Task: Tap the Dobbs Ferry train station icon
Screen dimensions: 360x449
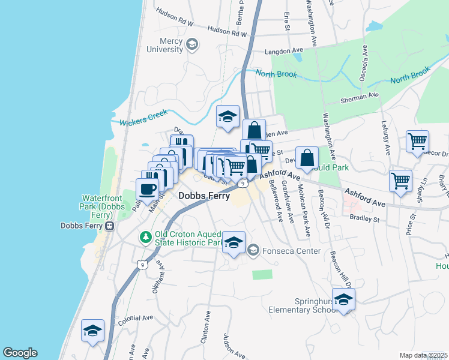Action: [110, 226]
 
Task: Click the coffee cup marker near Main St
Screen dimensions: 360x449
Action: [147, 190]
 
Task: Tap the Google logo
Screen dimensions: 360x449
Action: [20, 353]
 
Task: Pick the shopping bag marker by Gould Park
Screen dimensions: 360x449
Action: [307, 158]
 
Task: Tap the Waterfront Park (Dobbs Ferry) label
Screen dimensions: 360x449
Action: [103, 205]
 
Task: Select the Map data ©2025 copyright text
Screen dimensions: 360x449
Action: [424, 355]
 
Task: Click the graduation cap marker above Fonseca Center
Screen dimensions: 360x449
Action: [234, 243]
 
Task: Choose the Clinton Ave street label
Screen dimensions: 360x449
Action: [208, 324]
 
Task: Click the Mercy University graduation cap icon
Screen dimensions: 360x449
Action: [192, 44]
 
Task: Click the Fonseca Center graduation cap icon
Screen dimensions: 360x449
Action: [253, 250]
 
